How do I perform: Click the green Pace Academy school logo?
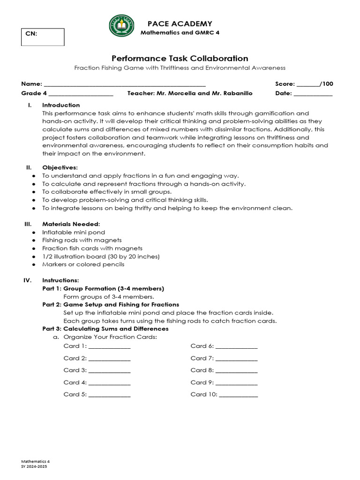coord(121,26)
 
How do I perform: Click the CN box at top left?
coord(43,37)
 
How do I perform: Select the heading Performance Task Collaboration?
coord(180,59)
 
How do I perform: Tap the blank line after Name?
coord(124,84)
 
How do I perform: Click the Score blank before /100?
coord(308,84)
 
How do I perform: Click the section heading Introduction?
coord(61,105)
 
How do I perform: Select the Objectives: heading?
coord(60,167)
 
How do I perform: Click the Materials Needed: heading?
coord(71,224)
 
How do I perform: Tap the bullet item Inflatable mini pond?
coord(74,232)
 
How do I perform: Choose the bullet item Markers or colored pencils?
coord(83,264)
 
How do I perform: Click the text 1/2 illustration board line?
coord(101,256)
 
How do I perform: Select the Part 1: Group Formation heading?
coord(103,288)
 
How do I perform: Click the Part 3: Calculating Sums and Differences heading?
coord(105,329)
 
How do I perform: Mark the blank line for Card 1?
coord(109,346)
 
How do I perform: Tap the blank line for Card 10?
coord(238,395)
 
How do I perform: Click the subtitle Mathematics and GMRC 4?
coord(180,32)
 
